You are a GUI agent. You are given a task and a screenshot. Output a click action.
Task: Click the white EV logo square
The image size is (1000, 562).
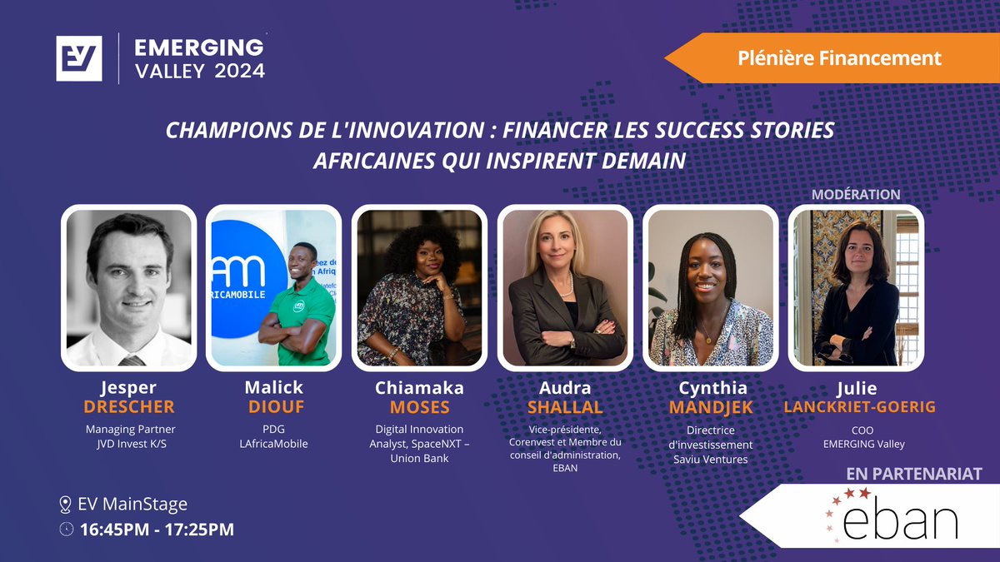click(79, 58)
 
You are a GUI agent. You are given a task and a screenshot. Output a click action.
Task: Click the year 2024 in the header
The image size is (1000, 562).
click(240, 71)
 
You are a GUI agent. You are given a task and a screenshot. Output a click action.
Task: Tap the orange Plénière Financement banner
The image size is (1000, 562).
click(838, 58)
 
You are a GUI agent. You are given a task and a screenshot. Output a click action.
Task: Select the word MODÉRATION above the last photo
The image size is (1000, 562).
click(856, 194)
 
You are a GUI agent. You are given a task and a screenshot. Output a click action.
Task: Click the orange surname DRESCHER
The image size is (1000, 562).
click(129, 407)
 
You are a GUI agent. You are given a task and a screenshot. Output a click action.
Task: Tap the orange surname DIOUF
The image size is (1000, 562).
click(274, 407)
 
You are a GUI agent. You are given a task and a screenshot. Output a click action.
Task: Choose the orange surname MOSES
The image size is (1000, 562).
click(419, 407)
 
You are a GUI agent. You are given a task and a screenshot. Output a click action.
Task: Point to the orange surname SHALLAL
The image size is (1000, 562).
click(565, 407)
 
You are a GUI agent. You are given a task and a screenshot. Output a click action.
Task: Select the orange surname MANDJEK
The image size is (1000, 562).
click(711, 407)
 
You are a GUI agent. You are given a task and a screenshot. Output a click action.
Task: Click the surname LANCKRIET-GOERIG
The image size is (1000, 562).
click(857, 407)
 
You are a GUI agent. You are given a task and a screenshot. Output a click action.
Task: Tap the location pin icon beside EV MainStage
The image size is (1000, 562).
click(66, 505)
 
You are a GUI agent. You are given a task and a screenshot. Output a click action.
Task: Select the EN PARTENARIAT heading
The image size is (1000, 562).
click(913, 474)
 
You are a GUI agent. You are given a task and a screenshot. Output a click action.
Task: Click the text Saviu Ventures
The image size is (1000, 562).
click(711, 459)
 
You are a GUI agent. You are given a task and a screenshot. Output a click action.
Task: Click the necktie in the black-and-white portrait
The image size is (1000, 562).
click(131, 361)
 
